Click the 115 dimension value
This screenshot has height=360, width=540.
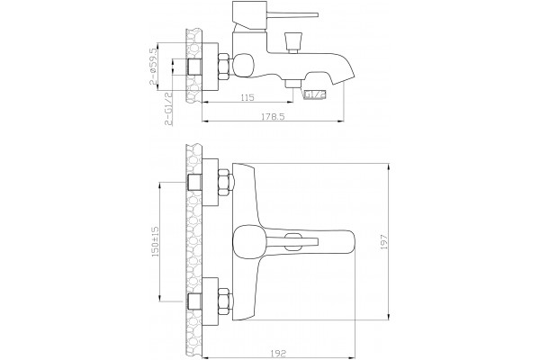coord(247,97)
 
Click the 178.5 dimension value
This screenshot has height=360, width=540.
coord(273,117)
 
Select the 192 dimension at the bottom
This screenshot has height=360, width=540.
coord(279,353)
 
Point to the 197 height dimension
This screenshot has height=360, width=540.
coord(384,242)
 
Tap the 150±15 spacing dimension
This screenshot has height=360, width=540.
coord(156,242)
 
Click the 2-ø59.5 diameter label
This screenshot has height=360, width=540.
coord(153,67)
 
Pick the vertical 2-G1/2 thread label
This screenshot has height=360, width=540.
coord(168,109)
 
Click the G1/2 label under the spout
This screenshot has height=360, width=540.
coord(314,94)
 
